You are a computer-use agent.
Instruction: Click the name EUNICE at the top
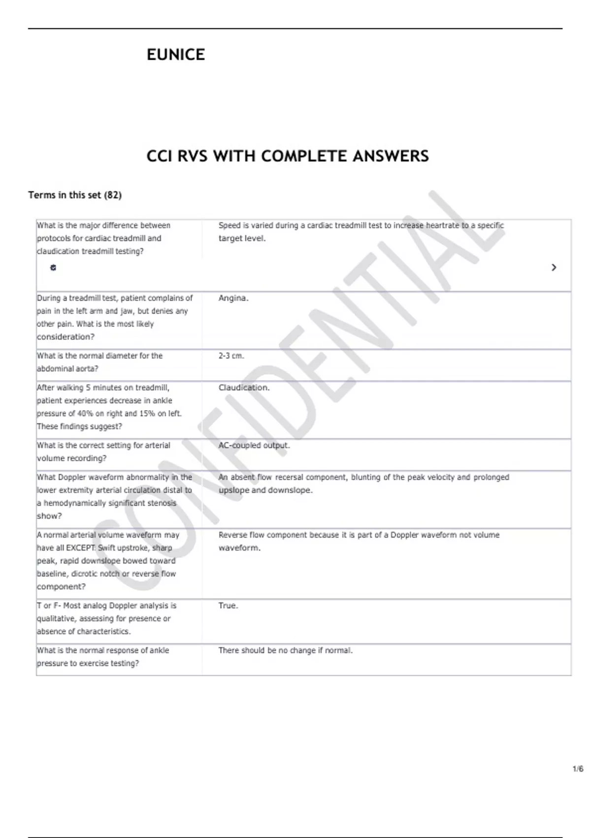pos(176,54)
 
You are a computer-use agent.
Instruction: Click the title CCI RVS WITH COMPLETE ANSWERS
pos(288,156)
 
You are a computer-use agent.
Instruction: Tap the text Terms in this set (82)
pos(75,195)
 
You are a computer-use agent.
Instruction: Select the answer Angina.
pos(233,298)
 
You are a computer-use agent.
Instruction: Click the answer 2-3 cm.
pos(231,355)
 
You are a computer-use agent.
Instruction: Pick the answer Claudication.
pos(244,387)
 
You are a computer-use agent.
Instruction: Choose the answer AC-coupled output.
pos(254,445)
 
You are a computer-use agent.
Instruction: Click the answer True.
pos(228,605)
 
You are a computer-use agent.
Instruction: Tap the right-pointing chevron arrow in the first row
pos(554,267)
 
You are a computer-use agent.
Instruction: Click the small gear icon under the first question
pos(53,268)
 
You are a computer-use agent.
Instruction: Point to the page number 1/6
pos(578,768)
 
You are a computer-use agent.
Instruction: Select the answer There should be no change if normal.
pos(286,650)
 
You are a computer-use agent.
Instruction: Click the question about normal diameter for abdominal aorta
pos(99,362)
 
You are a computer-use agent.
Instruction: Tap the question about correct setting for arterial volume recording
pos(103,452)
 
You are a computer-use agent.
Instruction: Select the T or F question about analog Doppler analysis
pos(106,618)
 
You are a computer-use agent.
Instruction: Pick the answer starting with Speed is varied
pos(361,232)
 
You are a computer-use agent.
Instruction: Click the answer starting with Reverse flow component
pos(359,541)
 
